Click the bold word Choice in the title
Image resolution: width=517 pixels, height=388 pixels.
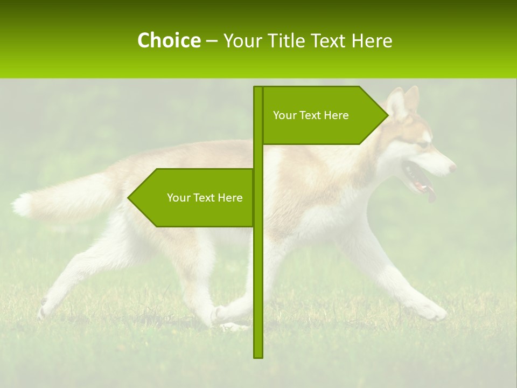click(169, 40)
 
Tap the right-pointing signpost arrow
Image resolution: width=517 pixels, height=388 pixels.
click(323, 115)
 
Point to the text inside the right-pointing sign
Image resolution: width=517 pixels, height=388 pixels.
click(311, 115)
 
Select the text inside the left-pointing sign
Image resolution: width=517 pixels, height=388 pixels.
click(205, 198)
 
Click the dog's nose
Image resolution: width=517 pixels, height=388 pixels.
click(452, 168)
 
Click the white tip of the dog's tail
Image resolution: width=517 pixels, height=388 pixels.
click(22, 205)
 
